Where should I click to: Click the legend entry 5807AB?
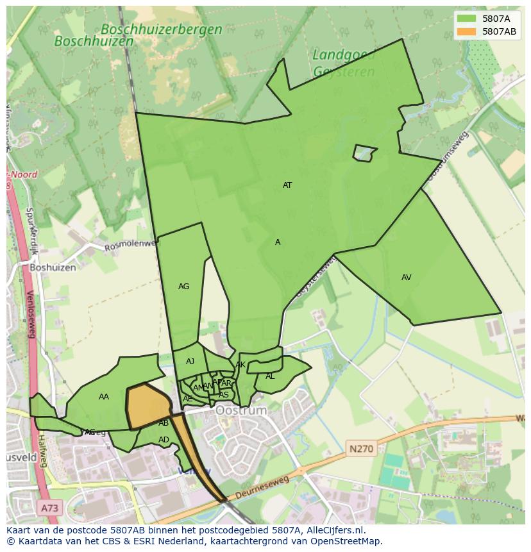tap(500, 31)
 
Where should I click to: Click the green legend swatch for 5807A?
tap(466, 19)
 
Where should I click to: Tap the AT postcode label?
tap(287, 185)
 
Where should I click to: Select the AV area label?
tap(406, 278)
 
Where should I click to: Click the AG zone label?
tap(183, 287)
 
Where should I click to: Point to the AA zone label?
tap(104, 397)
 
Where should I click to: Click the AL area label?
tap(270, 376)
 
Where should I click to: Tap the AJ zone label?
tap(190, 362)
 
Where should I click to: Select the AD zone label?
tap(164, 440)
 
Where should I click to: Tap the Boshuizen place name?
tap(53, 267)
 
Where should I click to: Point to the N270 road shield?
tap(361, 449)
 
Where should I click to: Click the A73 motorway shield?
tap(49, 508)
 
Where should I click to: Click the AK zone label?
tap(240, 365)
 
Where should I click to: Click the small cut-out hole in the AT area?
tap(364, 153)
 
